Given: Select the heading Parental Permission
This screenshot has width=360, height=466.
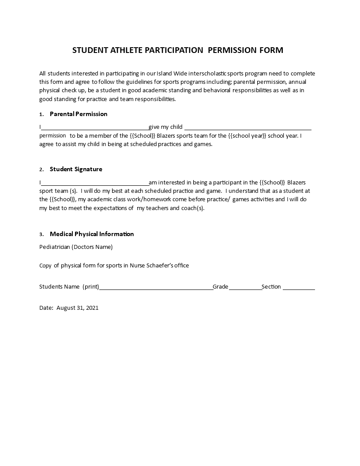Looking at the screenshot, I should [x=79, y=114].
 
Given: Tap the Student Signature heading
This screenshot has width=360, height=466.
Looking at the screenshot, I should [x=76, y=169].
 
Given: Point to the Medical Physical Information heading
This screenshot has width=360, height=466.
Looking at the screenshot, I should [x=92, y=234].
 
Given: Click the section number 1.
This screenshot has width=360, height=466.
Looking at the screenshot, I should [x=41, y=114].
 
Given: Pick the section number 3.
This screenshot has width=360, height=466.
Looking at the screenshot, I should [x=41, y=234].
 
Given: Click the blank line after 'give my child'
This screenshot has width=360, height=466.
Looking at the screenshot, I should [x=247, y=128].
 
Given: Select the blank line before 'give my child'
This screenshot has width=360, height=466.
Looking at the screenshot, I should [x=94, y=128].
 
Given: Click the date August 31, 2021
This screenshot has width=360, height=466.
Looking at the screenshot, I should [x=78, y=308].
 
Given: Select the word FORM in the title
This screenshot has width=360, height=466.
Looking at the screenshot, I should [x=271, y=50].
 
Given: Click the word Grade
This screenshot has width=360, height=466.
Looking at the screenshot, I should [x=221, y=287].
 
